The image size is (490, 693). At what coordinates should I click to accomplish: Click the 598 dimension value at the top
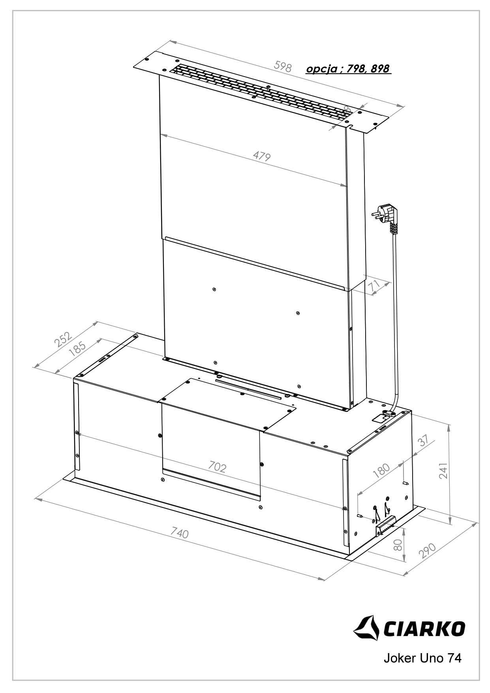click(x=283, y=67)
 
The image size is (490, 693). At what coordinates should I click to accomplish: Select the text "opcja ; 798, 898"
click(x=348, y=69)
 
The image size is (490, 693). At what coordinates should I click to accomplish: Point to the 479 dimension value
click(x=262, y=156)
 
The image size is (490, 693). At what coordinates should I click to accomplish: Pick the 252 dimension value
click(x=63, y=339)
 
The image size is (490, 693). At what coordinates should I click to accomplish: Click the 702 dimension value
click(x=217, y=468)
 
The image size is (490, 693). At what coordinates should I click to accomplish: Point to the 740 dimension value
click(x=180, y=533)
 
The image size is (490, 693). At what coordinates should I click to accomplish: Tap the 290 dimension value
click(x=427, y=550)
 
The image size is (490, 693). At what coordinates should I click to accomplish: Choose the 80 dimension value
click(x=398, y=545)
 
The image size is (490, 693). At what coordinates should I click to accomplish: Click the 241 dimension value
click(x=443, y=471)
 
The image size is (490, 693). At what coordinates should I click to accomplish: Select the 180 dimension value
click(x=381, y=471)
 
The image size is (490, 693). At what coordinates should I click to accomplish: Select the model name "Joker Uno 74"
click(x=422, y=658)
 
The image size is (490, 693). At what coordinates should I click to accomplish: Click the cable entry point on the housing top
click(x=389, y=414)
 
